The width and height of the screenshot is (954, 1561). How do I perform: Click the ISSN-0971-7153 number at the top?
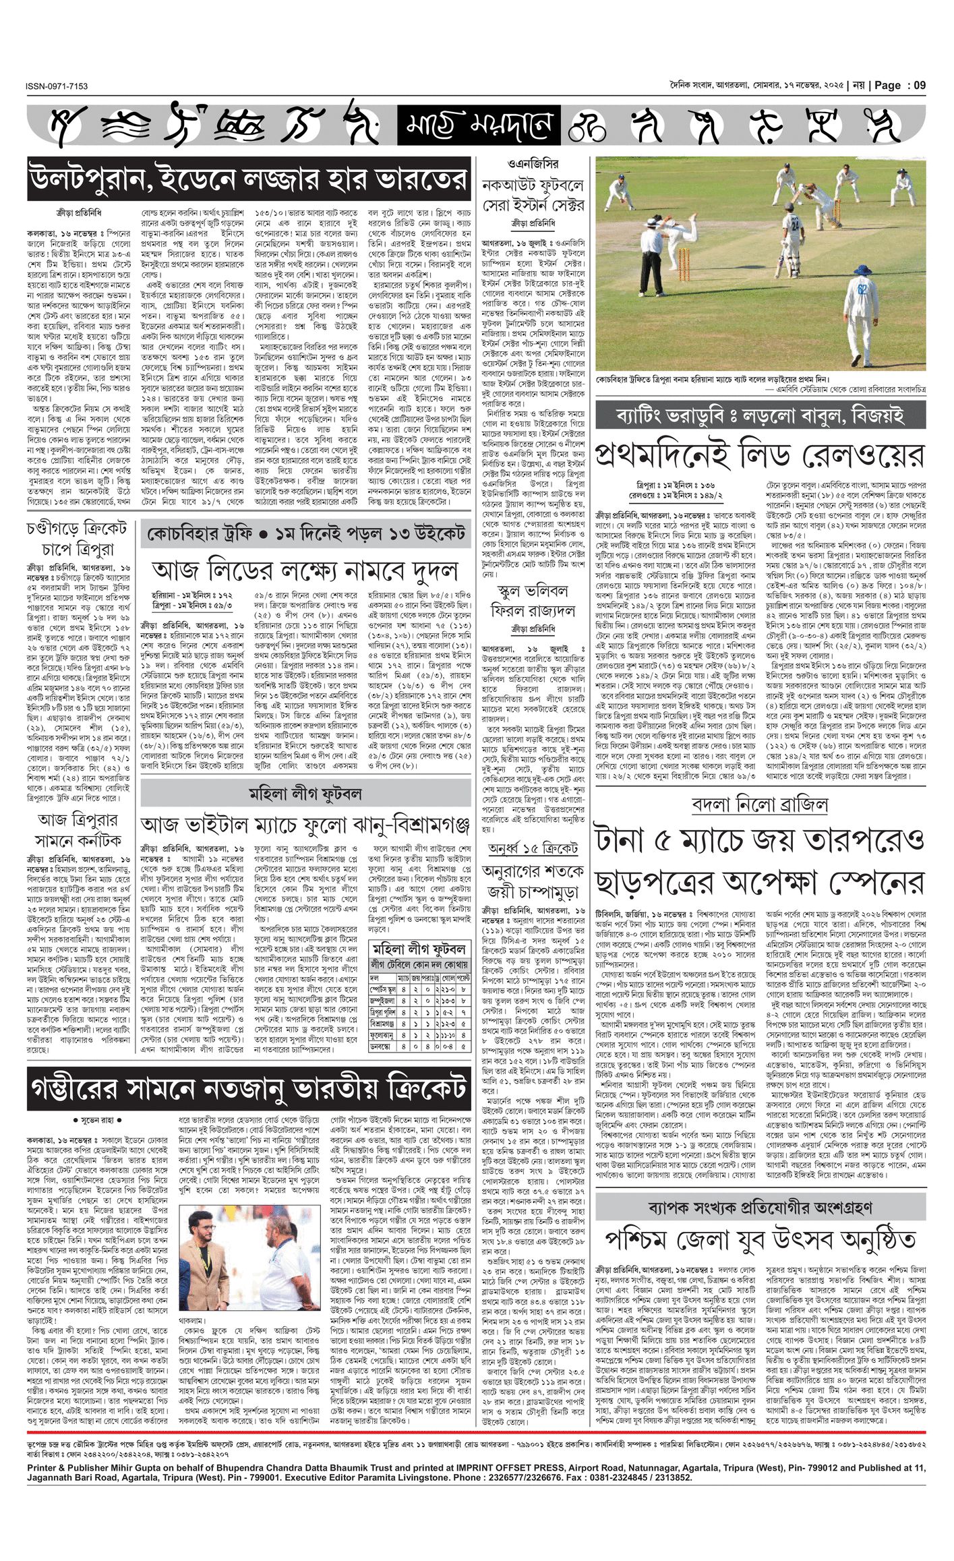tap(57, 86)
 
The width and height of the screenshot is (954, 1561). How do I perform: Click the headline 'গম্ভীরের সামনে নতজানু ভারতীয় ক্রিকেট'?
tap(249, 1088)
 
